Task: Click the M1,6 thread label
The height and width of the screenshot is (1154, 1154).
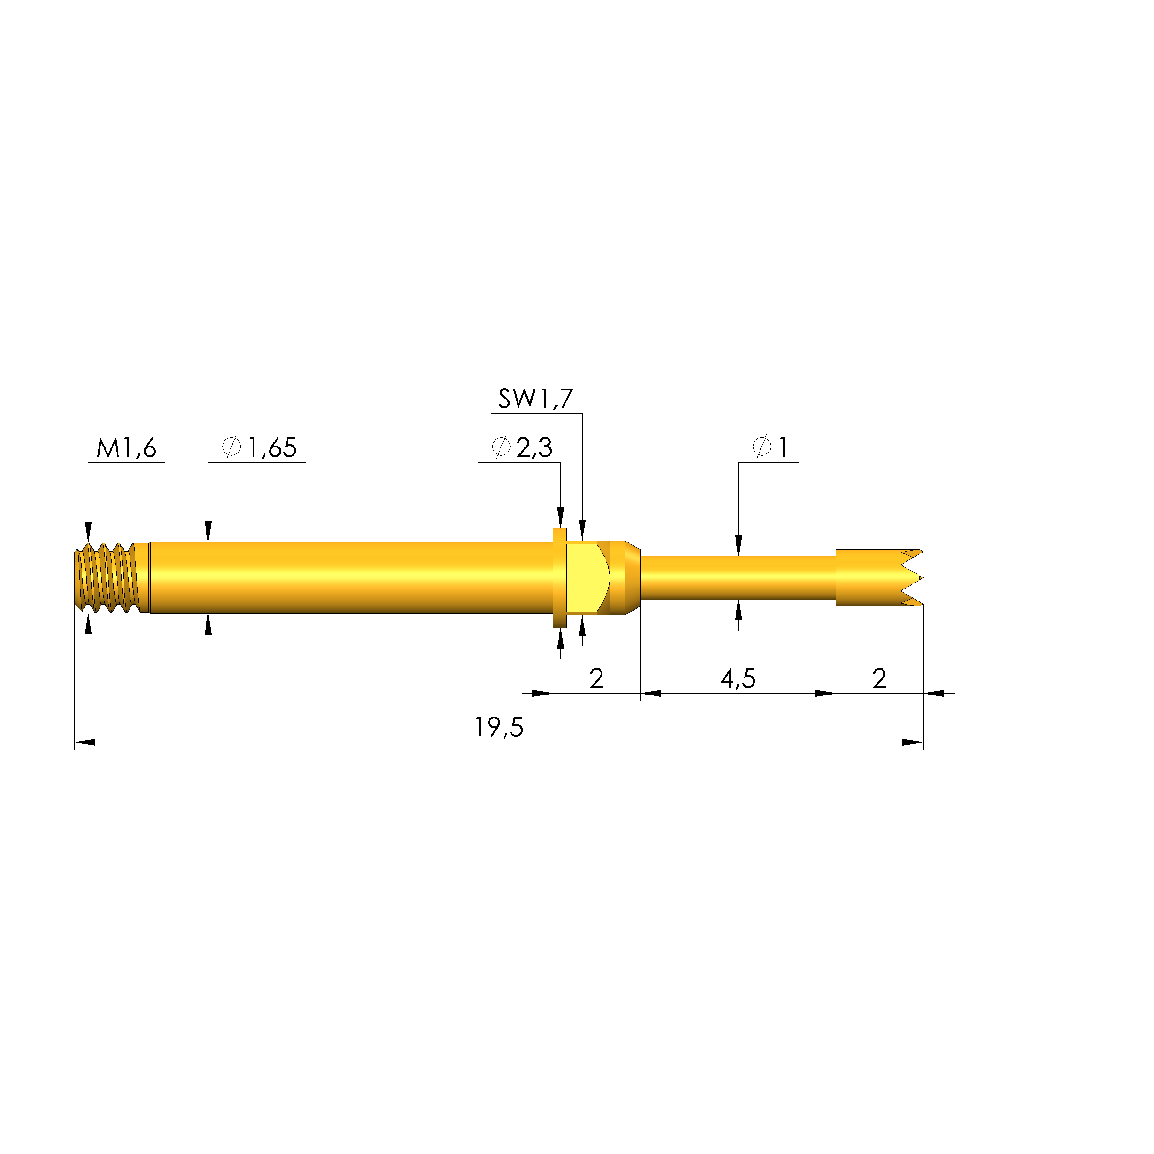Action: click(x=126, y=448)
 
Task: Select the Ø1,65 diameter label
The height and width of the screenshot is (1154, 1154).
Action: click(x=259, y=447)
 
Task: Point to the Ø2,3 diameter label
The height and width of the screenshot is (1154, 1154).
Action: click(x=521, y=447)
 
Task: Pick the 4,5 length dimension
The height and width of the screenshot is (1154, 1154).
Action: click(x=738, y=678)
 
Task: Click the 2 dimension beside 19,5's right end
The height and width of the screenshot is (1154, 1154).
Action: click(x=879, y=678)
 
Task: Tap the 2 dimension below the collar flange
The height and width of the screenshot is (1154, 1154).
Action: click(x=596, y=678)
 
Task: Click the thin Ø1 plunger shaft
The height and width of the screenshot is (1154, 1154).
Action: click(x=738, y=577)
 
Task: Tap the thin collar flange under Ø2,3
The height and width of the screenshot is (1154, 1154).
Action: click(x=559, y=577)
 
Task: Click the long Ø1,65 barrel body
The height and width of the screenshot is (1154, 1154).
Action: click(x=353, y=577)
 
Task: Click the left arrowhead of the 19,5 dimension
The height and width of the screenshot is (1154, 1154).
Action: click(x=85, y=742)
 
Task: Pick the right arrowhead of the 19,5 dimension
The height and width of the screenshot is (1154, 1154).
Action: click(x=912, y=742)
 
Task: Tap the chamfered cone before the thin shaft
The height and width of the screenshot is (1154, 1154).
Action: click(x=633, y=577)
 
